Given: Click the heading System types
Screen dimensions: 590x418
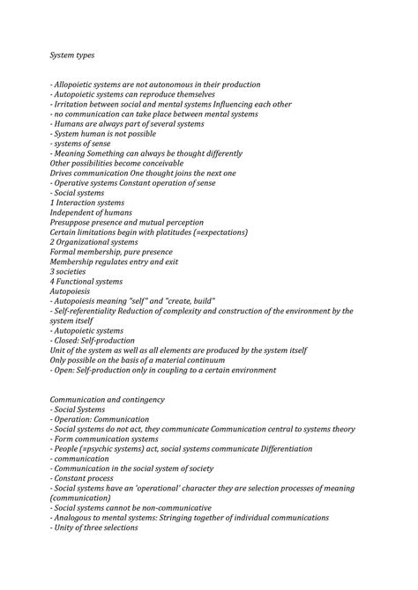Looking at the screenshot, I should (72, 55).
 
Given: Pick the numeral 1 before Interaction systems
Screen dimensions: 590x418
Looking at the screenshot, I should (52, 203).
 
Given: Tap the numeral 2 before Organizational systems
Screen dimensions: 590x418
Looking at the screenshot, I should (52, 242).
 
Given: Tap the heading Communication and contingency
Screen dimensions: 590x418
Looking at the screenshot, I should (108, 400).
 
